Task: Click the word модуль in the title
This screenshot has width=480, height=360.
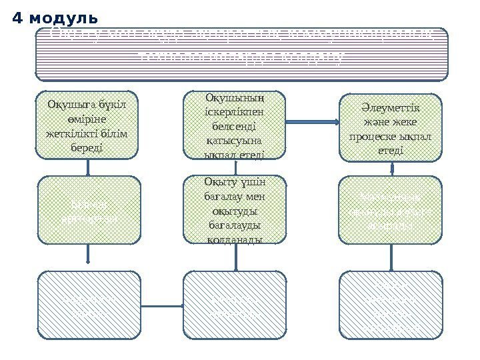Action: point(63,15)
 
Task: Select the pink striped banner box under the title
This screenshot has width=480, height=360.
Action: point(241,53)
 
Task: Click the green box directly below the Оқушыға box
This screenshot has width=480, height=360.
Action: point(88,209)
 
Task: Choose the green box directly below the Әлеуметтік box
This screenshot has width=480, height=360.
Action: point(391,209)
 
